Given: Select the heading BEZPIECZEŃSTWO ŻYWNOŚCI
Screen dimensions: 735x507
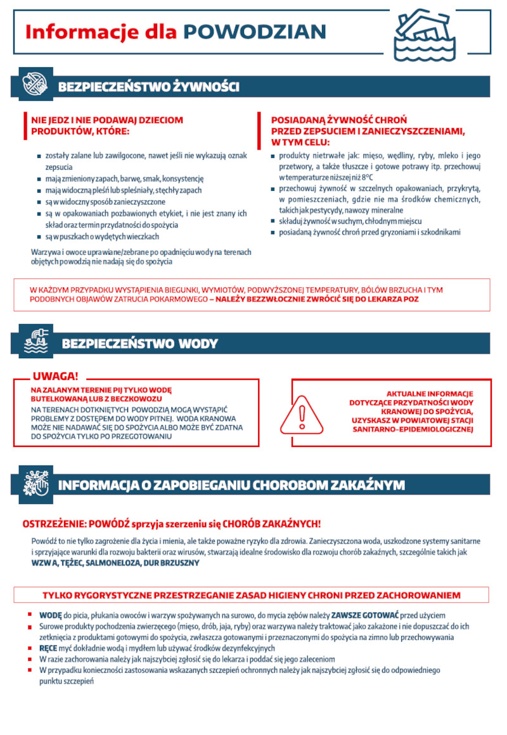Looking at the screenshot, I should [x=148, y=87].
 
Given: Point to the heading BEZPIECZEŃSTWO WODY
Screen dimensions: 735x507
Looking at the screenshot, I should [x=139, y=344].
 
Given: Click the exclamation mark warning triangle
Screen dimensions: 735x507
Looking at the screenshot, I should [x=302, y=413].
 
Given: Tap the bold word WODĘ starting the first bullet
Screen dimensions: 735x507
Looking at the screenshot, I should [x=50, y=615].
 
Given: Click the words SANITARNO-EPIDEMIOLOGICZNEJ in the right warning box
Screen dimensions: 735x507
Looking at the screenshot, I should [x=413, y=429].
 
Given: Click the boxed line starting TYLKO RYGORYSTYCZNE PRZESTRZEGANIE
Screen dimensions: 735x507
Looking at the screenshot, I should [x=252, y=595].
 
